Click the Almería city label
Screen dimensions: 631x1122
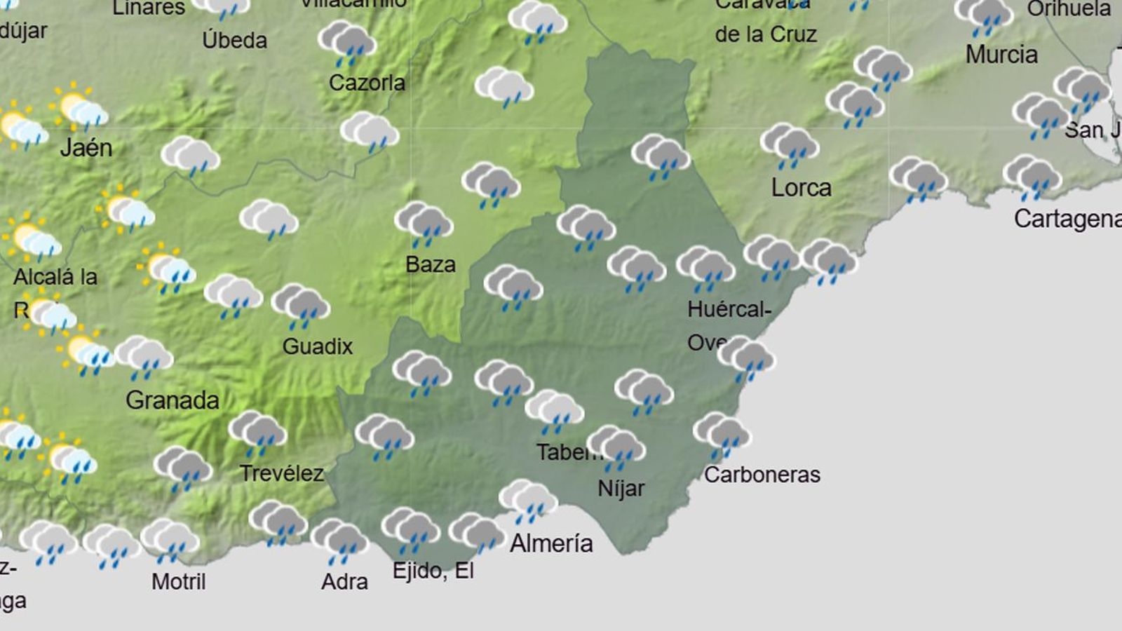coord(551,543)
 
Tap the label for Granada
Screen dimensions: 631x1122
coord(173,400)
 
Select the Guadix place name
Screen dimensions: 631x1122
coord(318,346)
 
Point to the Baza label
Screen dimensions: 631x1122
coord(431,264)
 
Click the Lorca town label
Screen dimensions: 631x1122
coord(802,188)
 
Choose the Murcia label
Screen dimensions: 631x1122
coord(1001,54)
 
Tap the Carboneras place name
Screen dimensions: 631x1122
coord(762,475)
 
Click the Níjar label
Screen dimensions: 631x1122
coord(621,488)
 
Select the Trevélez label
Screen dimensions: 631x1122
coord(282,473)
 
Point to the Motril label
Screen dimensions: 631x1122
coord(179,581)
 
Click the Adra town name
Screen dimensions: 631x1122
coord(344,581)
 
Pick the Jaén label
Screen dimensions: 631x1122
coord(86,147)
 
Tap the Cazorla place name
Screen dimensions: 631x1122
coord(367,83)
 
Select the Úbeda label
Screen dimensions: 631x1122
coord(234,40)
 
